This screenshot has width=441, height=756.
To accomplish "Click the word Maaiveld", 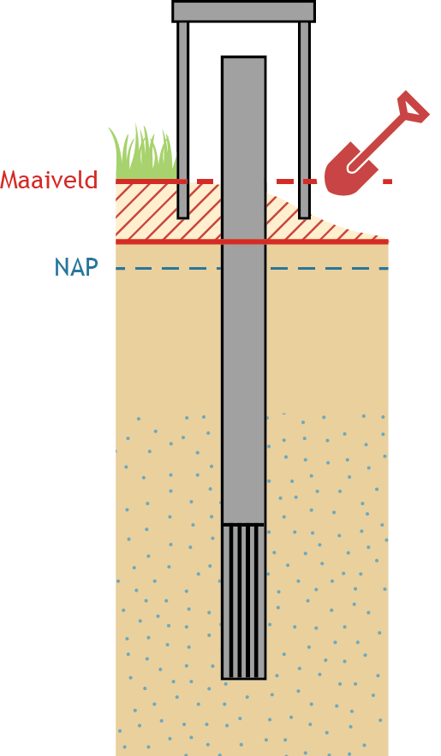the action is coord(49,179).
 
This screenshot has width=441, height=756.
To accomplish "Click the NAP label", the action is coord(76,267).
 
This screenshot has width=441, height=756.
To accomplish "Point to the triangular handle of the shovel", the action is coord(412,107).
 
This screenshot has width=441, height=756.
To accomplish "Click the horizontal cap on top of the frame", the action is coord(243,11).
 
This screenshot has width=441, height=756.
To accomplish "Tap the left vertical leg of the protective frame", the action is coord(182,120).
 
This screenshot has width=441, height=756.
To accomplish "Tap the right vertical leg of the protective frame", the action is coord(304,120).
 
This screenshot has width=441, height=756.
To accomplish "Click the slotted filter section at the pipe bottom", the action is coord(243,602).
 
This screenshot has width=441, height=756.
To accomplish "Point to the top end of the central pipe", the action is coord(243,57).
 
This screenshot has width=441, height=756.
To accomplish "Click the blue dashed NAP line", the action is coord(252,269).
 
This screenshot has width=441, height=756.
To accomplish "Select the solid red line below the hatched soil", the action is coord(252,241).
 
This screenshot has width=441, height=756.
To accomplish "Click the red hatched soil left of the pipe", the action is coord(168,212).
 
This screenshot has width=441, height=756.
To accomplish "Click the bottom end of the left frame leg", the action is coord(182,218).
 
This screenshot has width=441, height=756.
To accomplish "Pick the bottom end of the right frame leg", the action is coord(304,218).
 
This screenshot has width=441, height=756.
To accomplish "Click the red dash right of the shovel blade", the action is coord(388,182).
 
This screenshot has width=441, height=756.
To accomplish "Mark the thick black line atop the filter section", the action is coord(243,524).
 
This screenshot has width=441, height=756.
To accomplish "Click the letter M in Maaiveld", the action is coord(9,180).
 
